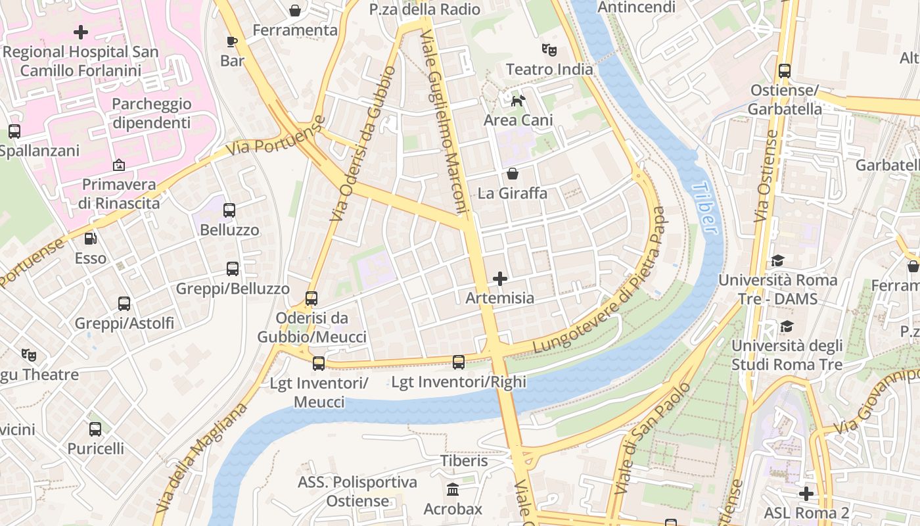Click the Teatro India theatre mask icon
(x=549, y=49)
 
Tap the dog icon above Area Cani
(x=518, y=101)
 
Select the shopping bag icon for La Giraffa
(x=512, y=174)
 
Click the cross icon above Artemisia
(x=500, y=279)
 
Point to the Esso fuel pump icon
(x=91, y=239)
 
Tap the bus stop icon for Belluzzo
(x=229, y=210)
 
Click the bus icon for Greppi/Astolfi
(x=124, y=303)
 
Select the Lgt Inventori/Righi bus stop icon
(x=459, y=362)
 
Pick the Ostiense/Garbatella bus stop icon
(x=784, y=70)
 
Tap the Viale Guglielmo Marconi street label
(x=444, y=121)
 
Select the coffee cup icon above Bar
(x=232, y=41)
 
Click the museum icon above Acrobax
(x=453, y=489)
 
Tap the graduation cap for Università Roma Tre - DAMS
(x=777, y=261)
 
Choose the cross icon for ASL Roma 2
(x=806, y=493)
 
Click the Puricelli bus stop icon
(x=95, y=429)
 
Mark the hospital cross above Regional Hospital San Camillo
(x=81, y=32)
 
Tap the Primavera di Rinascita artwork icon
(x=119, y=164)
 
